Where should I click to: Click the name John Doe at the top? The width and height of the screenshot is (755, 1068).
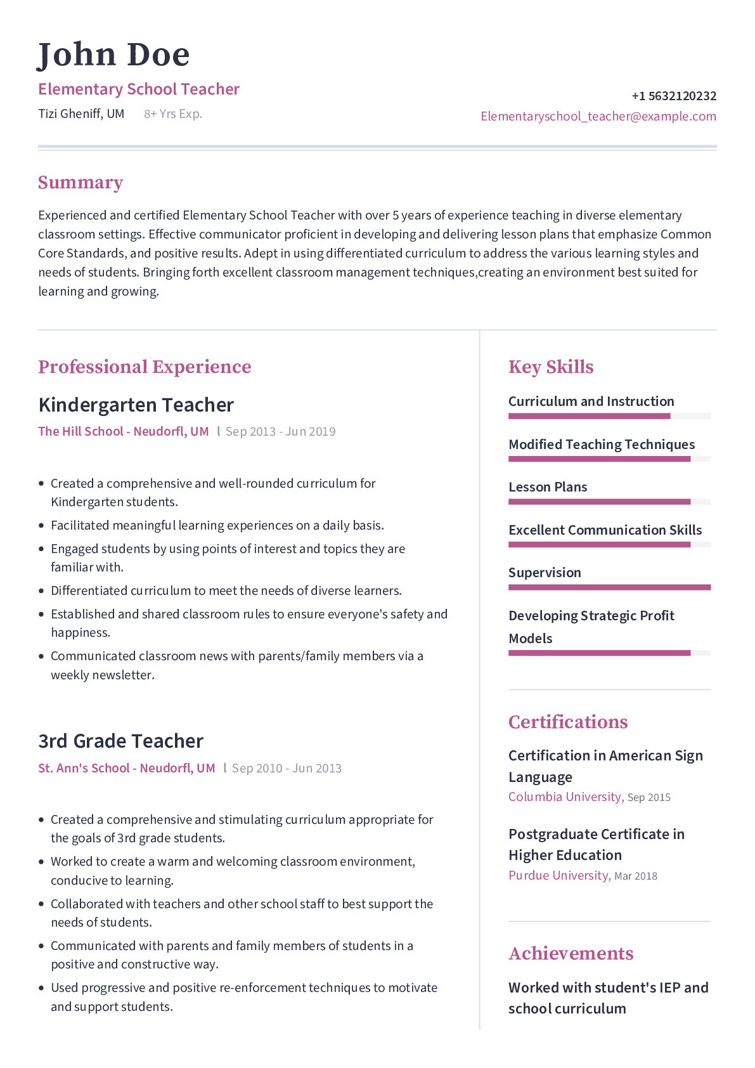click(x=114, y=55)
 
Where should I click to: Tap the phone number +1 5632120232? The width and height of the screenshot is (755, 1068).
click(x=673, y=96)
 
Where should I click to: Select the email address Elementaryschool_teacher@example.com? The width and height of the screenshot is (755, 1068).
click(x=598, y=117)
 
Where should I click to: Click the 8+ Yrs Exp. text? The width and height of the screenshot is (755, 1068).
click(x=172, y=114)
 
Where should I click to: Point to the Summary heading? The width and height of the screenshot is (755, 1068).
click(x=81, y=183)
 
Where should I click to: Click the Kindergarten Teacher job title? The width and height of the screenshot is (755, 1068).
click(x=136, y=405)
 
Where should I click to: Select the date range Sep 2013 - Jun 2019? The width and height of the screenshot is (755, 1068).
click(x=280, y=432)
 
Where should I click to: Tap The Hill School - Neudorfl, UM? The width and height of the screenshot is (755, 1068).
click(x=123, y=432)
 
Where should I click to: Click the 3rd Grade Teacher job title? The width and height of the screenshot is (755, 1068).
click(x=120, y=741)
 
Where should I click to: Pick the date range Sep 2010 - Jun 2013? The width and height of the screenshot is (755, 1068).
click(x=287, y=769)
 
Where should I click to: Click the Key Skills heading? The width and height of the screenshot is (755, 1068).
click(x=550, y=367)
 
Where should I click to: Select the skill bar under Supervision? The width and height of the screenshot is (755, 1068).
click(x=609, y=587)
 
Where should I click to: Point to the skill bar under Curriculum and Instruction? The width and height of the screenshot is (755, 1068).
click(x=609, y=417)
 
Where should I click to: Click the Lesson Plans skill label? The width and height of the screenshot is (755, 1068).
click(x=548, y=487)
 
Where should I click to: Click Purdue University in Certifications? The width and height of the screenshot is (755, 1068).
click(x=558, y=876)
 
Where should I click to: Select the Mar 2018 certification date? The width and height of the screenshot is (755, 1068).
click(x=635, y=876)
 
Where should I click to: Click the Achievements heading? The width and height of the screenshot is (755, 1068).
click(x=571, y=954)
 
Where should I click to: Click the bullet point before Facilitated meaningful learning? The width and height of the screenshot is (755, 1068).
click(x=42, y=526)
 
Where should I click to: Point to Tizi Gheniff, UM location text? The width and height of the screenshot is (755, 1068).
click(x=81, y=114)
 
